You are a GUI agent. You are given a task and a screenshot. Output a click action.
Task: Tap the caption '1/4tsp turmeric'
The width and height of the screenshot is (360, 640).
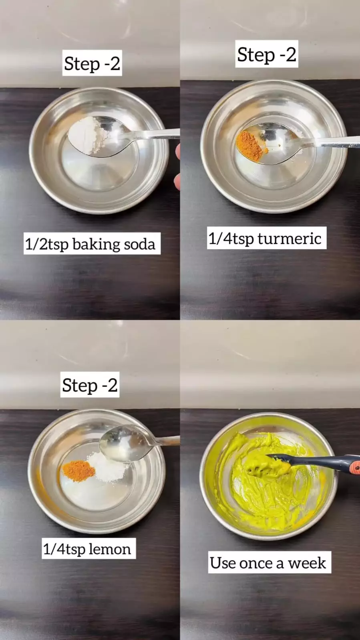click(x=265, y=239)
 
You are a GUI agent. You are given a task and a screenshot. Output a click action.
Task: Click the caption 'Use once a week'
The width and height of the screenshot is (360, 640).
click(x=268, y=563)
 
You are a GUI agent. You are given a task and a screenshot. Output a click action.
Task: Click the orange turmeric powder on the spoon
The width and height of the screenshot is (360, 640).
click(x=251, y=146)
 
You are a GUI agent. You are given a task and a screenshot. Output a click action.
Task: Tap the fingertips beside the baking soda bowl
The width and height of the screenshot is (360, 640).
click(x=177, y=167)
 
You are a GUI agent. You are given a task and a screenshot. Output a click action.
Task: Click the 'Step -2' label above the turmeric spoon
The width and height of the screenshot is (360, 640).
click(x=267, y=54)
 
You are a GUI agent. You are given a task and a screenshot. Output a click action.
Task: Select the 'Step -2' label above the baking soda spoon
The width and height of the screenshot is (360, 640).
click(x=92, y=63)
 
